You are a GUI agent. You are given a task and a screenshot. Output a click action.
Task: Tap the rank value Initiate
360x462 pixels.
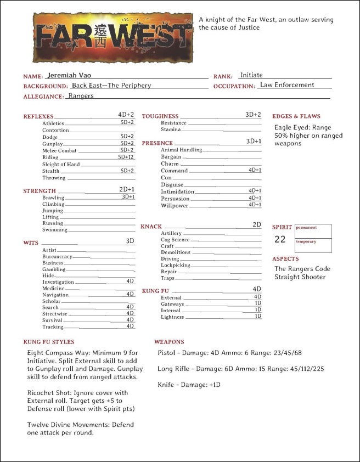[x=251, y=75]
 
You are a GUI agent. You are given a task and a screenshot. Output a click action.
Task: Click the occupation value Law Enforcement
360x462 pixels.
[x=287, y=85]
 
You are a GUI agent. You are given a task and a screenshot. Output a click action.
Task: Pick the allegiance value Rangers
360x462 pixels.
[x=81, y=95]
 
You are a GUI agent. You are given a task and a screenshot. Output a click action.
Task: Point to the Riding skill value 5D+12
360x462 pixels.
[x=126, y=157]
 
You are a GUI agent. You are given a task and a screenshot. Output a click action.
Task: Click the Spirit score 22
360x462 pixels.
[x=280, y=239]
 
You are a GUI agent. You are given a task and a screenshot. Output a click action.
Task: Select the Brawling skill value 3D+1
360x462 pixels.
[x=128, y=197]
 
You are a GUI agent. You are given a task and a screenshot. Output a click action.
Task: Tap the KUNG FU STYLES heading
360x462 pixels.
[x=49, y=342]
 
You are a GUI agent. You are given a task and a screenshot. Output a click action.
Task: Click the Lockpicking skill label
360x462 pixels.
[x=176, y=265]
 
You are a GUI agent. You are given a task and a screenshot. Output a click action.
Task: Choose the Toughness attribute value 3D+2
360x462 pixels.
[x=253, y=115]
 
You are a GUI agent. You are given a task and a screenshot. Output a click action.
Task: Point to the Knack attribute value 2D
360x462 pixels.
[x=257, y=225]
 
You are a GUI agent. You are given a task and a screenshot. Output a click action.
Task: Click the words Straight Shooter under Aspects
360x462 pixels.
[x=300, y=277]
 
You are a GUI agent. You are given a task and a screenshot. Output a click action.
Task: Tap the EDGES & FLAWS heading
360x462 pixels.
[x=296, y=116]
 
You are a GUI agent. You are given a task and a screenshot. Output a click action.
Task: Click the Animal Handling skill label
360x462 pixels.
[x=181, y=150]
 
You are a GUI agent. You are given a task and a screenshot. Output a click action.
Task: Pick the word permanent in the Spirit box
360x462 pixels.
[x=306, y=227]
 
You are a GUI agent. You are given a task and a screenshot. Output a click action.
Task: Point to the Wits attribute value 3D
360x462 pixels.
[x=130, y=241]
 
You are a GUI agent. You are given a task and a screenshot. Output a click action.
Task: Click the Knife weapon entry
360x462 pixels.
[x=189, y=385]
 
